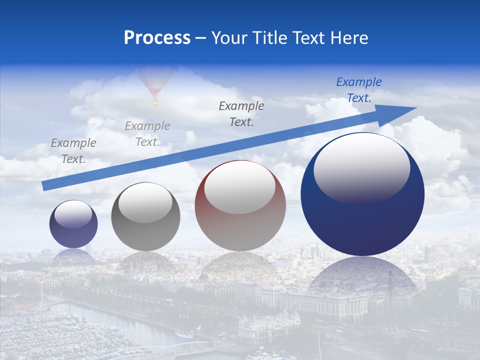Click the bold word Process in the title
coord(157,38)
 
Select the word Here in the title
coord(348,38)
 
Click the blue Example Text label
coord(358,90)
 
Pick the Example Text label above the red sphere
coord(241,113)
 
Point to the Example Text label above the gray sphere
coord(147,133)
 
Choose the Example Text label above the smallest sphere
coord(73,150)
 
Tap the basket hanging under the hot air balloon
coord(155,103)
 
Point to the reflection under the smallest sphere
coord(73,256)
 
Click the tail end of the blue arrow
coord(46,185)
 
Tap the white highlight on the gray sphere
coord(145,202)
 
